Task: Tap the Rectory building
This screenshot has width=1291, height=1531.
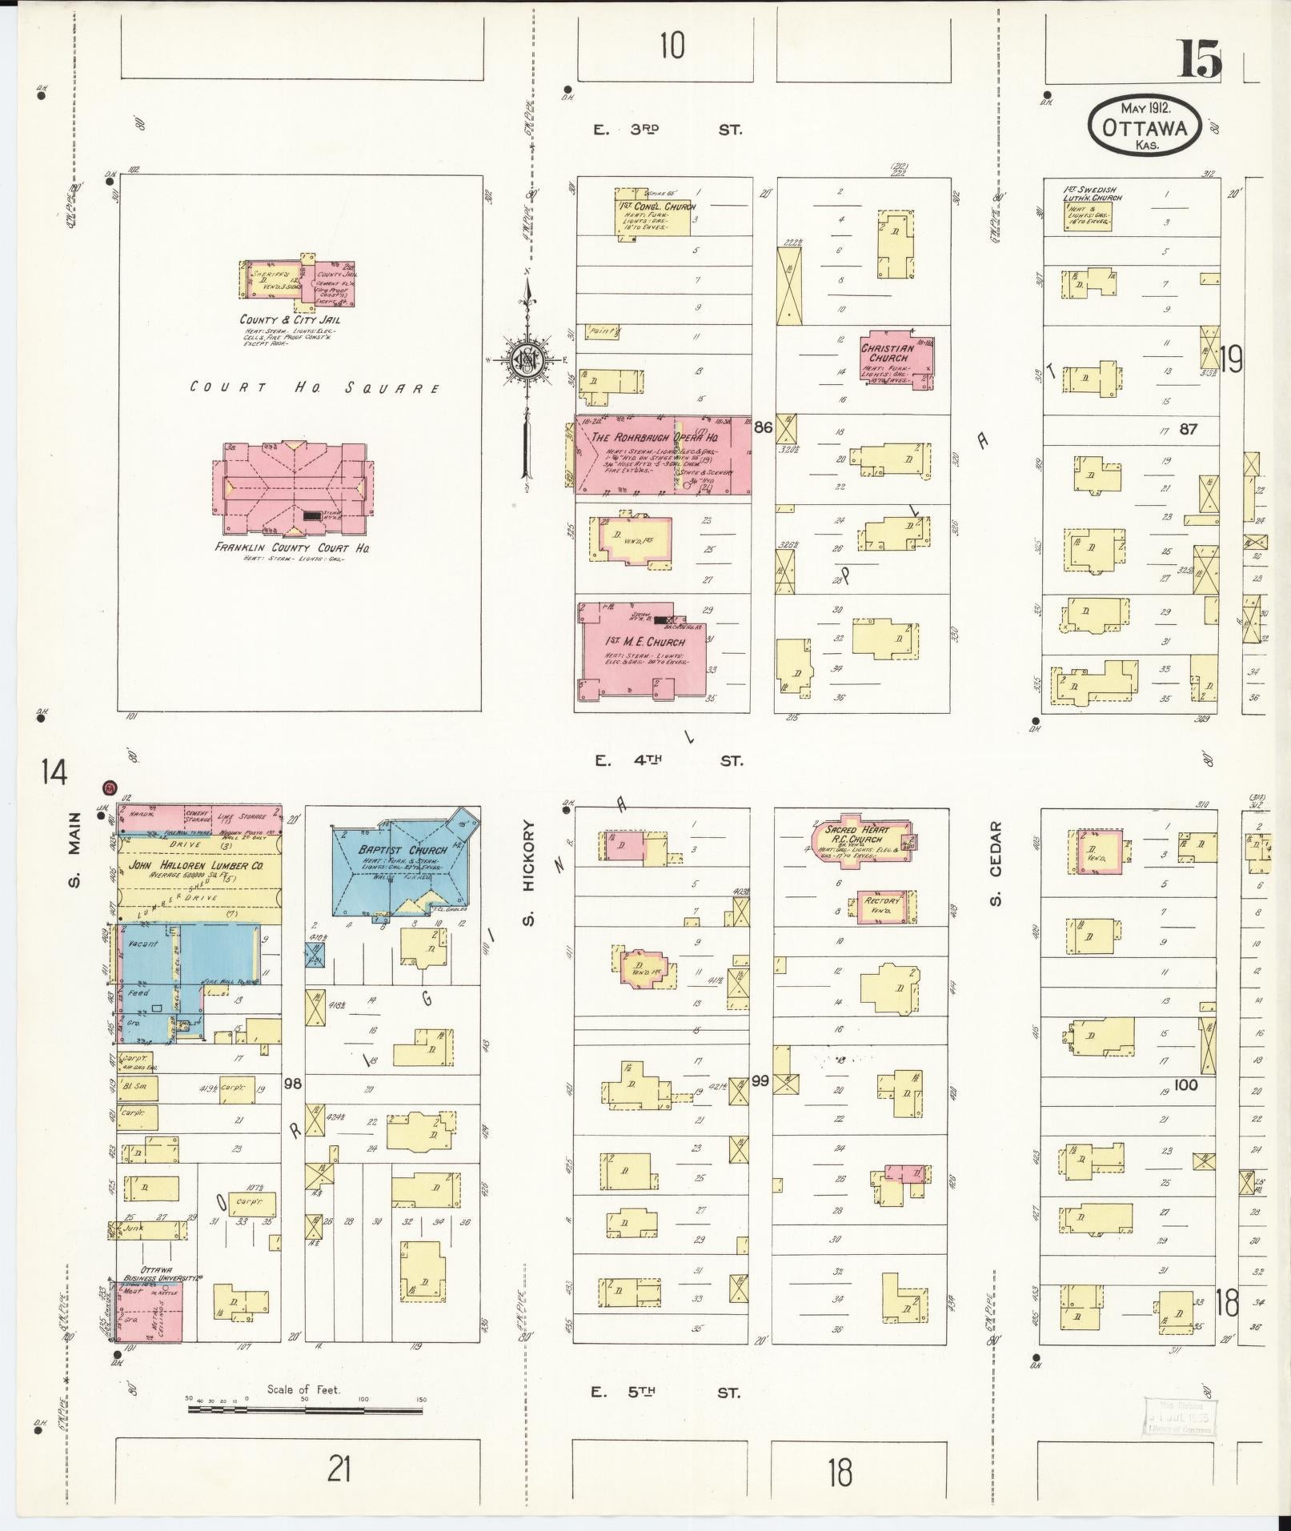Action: pos(885,905)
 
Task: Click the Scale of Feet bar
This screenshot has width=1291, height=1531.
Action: pos(305,1408)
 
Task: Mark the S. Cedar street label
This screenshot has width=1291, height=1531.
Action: pos(995,864)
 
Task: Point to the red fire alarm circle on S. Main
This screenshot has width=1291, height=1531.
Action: pos(109,788)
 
